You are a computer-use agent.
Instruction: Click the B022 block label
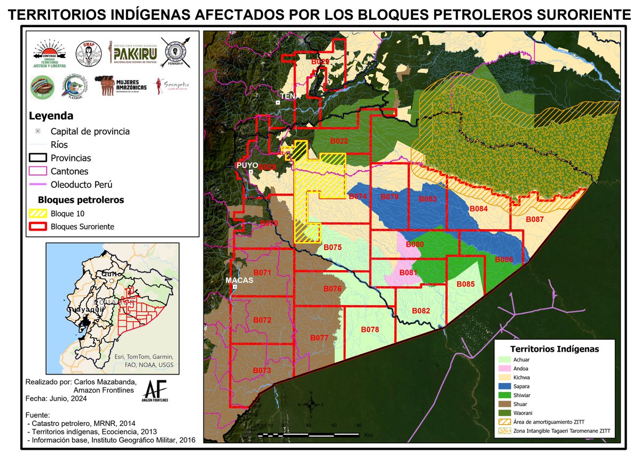339,141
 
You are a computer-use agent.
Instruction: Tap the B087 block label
535,219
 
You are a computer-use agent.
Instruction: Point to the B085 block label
465,284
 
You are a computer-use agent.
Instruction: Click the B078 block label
370,329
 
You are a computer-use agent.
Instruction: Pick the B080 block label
415,244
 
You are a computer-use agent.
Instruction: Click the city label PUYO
247,165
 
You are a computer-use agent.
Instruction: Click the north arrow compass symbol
311,404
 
